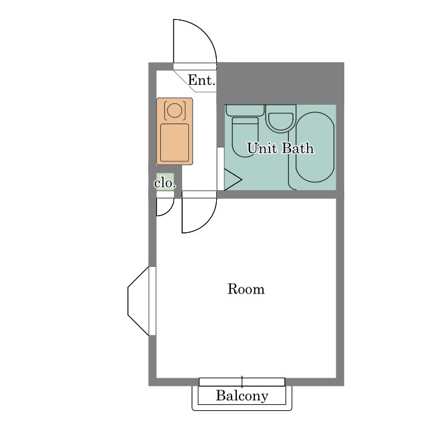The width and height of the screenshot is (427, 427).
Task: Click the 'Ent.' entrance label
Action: (x=201, y=80)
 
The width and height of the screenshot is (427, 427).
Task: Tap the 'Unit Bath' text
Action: (x=280, y=148)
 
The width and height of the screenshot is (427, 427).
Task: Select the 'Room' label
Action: (x=246, y=289)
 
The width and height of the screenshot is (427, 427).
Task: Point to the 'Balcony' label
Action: (x=242, y=396)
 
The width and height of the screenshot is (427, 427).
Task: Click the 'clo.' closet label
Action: (x=165, y=183)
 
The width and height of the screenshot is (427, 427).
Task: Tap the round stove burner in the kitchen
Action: (x=174, y=110)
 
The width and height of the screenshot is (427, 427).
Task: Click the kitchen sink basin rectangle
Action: (x=174, y=142)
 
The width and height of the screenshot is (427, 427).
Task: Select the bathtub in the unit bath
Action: (x=315, y=147)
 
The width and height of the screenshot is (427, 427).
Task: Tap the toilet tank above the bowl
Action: (x=245, y=110)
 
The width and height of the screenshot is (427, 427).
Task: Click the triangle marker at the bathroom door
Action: (x=233, y=179)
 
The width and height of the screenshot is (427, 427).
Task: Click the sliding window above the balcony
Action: (x=242, y=382)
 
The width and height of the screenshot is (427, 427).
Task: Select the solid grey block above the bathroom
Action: (x=280, y=83)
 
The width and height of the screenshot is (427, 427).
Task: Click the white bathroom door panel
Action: (x=221, y=169)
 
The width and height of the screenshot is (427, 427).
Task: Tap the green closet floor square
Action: (x=165, y=181)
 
